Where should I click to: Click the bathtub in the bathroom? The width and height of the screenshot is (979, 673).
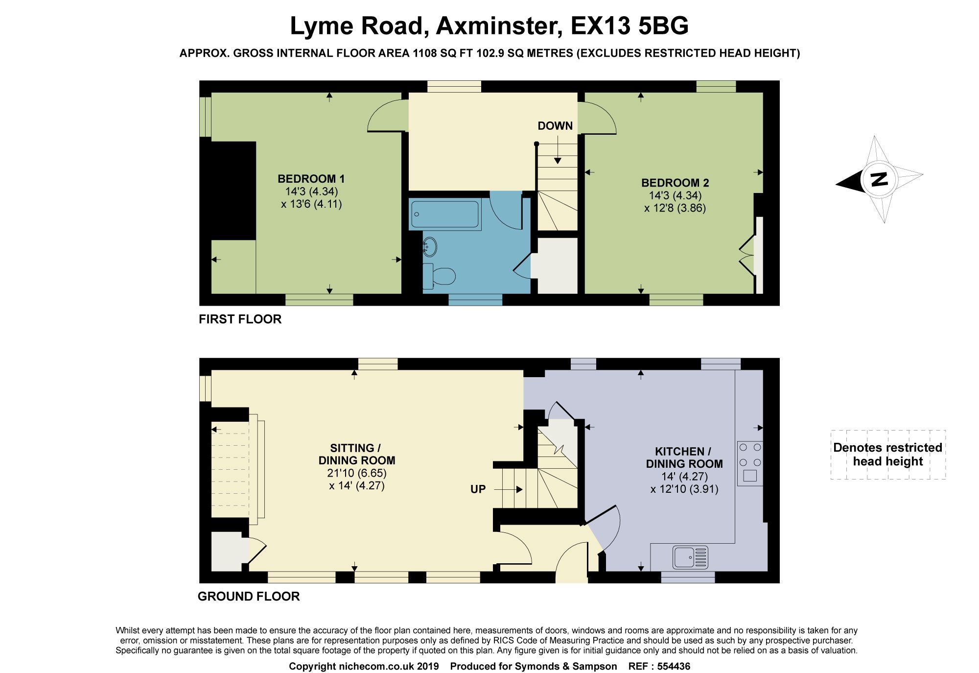coord(444,214)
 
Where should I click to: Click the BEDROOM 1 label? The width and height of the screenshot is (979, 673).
coord(311,179)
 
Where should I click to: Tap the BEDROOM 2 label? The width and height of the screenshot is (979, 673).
coord(675,183)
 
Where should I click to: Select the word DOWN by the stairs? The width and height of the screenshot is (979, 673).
coord(555,126)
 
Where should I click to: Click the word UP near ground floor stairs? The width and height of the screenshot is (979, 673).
coord(478,489)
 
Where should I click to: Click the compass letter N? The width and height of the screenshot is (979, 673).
coord(880,179)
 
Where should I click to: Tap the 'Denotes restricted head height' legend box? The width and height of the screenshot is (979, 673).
coord(887,455)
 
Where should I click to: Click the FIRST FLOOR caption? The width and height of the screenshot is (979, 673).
coord(240,319)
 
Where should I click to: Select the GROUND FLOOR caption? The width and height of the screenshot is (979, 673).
coord(248,597)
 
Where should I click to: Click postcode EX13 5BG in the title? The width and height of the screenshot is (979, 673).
coord(629,26)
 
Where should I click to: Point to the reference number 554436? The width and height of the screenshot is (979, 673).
coord(674,666)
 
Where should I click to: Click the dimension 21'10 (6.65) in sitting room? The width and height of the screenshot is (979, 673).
coord(356,473)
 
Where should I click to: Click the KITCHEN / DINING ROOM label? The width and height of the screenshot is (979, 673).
coord(684,457)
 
